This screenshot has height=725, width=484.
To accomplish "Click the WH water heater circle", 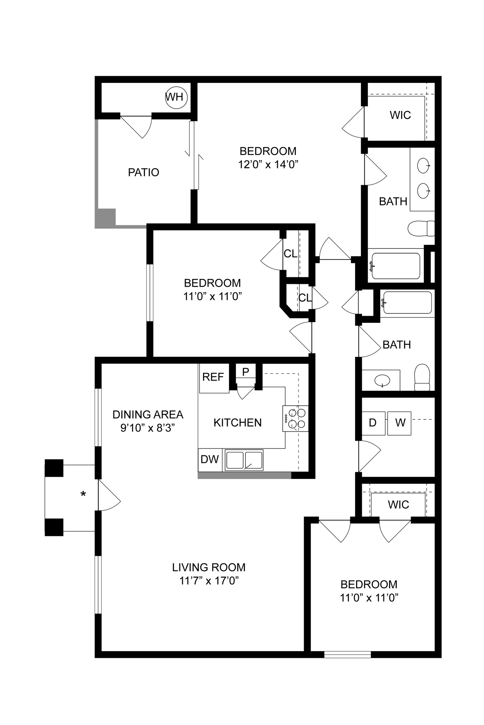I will [x=176, y=97].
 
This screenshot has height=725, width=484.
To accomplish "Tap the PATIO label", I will [x=143, y=172].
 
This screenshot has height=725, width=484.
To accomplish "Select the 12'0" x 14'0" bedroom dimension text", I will [x=268, y=165].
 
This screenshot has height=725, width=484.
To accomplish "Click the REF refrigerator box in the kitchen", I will [x=214, y=378].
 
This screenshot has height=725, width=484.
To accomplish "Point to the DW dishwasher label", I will [x=209, y=459].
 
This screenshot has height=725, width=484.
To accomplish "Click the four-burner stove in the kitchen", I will [x=296, y=418].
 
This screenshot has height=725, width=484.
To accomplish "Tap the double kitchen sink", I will [x=244, y=460].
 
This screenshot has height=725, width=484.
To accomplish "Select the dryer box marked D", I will [x=373, y=423].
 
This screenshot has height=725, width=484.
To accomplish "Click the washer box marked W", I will [x=399, y=423].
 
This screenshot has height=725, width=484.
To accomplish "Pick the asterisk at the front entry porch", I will [x=83, y=494].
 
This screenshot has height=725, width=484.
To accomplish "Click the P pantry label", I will [x=246, y=372].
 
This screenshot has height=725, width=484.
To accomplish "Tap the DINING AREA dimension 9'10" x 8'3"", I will [x=147, y=428].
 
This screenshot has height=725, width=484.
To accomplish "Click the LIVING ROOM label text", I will [x=209, y=567].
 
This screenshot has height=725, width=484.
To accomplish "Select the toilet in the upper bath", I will [x=421, y=228].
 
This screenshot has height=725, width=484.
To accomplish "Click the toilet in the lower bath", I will [x=422, y=377].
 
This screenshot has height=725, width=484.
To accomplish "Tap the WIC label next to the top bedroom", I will [x=400, y=115].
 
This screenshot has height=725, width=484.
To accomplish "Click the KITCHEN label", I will [x=237, y=423].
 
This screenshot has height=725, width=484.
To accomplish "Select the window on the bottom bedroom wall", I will [x=347, y=655].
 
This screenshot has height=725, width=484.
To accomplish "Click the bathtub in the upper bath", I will [x=395, y=266].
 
